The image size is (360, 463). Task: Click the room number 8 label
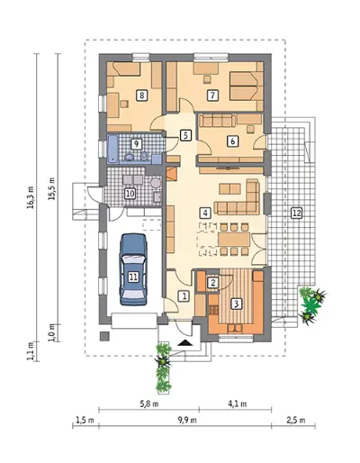(x=141, y=95)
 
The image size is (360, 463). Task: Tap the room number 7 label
(x=212, y=95)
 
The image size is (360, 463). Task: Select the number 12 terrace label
(x=296, y=213)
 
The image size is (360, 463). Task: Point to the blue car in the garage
(x=133, y=269)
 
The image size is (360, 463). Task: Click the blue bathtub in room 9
(x=112, y=149)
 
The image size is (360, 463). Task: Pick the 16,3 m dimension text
(x=31, y=197)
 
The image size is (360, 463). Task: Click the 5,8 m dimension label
(x=150, y=404)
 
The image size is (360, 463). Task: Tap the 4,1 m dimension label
(x=238, y=404)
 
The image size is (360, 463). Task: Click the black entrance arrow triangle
(x=185, y=343)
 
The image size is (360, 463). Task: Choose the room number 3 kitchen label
(x=237, y=304)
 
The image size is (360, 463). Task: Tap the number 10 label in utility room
(x=130, y=194)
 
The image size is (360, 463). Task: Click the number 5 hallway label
(x=185, y=135)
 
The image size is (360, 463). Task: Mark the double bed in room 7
(x=244, y=86)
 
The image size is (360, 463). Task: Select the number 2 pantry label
(x=213, y=282)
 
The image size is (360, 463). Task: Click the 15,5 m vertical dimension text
(x=52, y=189)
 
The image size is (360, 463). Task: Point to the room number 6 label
(x=233, y=141)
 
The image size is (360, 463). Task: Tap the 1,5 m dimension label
(x=85, y=420)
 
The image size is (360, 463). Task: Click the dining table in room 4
(x=234, y=239)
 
